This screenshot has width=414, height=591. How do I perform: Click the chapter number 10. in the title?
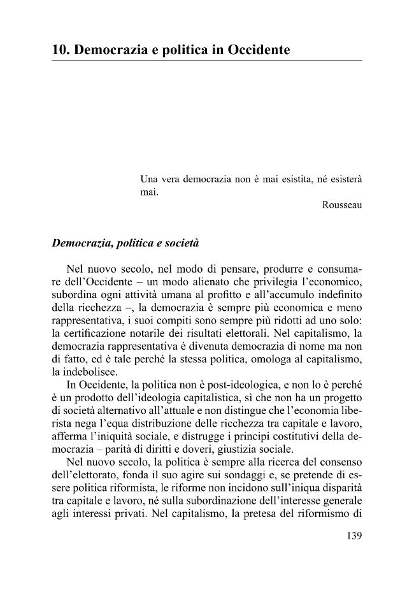pyautogui.click(x=61, y=49)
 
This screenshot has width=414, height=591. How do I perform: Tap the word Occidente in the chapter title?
pyautogui.click(x=259, y=49)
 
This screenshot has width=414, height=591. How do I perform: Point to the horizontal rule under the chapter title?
pyautogui.click(x=207, y=61)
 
